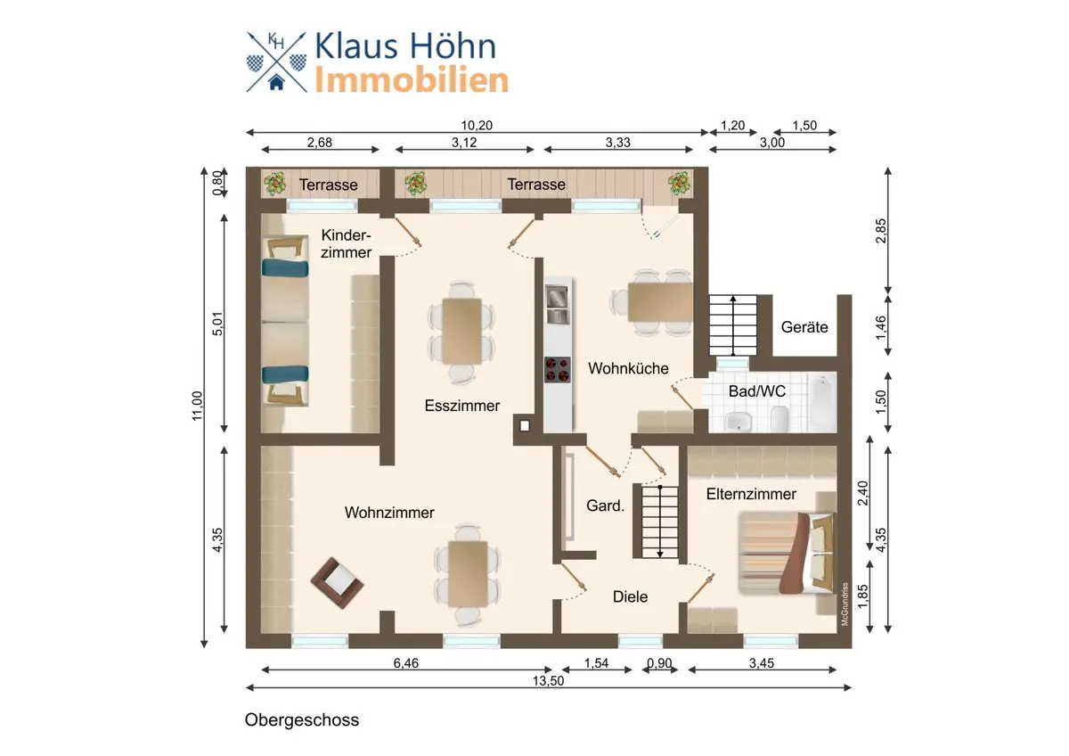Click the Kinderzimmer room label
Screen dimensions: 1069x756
coord(346,243)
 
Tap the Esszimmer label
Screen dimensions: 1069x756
coord(462,406)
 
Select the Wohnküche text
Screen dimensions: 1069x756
coord(628,368)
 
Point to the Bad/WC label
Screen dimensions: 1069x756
coord(757,391)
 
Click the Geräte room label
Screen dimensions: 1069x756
coord(804,327)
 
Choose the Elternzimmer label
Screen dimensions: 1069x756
coord(751,494)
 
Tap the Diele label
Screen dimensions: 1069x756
coord(630,596)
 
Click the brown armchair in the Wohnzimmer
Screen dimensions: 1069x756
coord(337,583)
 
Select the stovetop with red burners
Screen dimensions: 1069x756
coord(557,370)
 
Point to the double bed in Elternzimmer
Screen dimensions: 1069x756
coord(787,553)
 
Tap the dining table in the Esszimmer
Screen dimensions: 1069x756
coord(461,331)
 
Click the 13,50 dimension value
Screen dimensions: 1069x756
coord(549,680)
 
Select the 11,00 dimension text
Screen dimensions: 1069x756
coord(198,406)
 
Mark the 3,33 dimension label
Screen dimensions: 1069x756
coord(618,143)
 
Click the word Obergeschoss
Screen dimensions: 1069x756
coord(302,719)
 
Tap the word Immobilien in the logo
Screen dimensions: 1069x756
coord(412,79)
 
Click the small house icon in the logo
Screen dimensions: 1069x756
coord(276,82)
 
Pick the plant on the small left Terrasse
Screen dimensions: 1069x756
coord(275,184)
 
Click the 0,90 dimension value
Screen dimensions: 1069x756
coord(659,663)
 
